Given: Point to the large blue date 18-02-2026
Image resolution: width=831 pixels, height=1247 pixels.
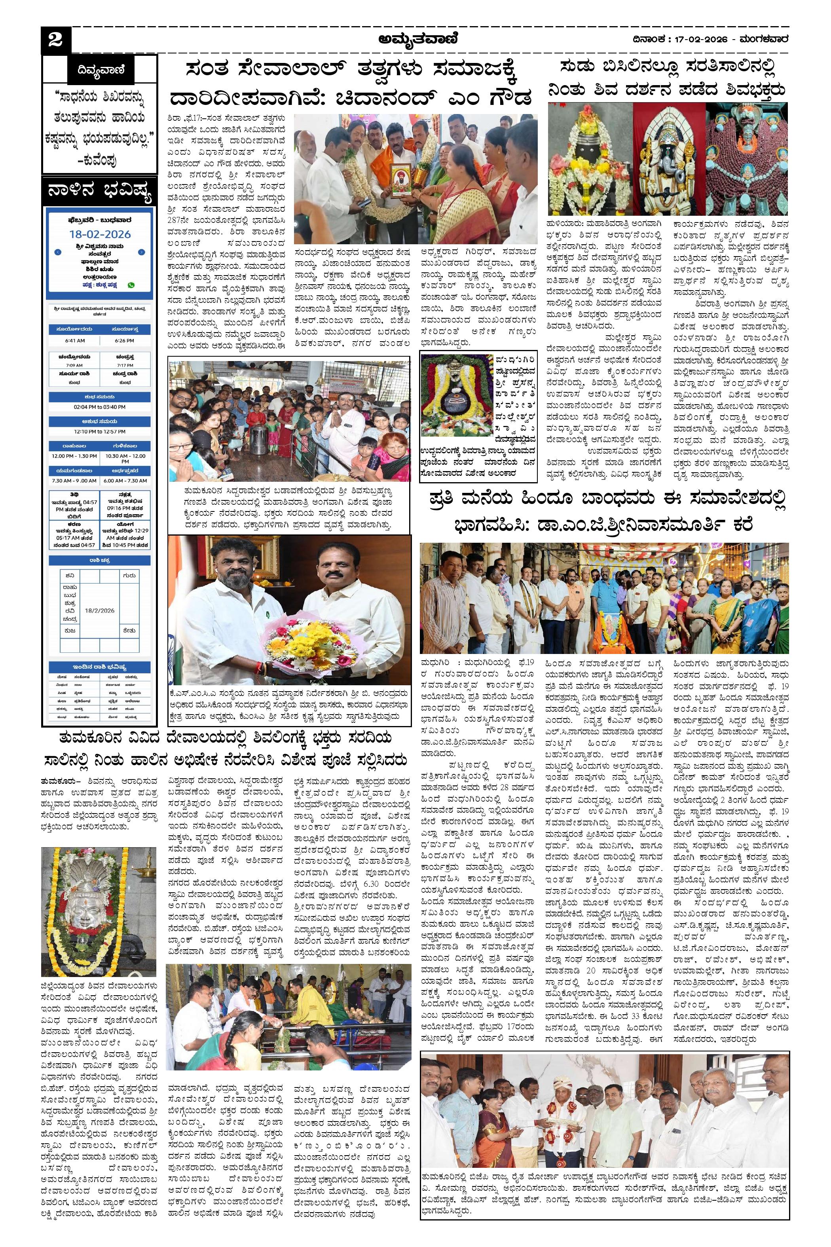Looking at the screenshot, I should point(100,234).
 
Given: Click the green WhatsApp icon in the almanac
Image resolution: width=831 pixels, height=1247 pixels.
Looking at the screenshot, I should point(131,285).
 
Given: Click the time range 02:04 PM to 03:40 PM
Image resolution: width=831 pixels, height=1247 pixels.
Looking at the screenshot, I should point(100,407).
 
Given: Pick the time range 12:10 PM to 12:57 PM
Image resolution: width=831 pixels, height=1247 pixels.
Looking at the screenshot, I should point(100,432).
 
